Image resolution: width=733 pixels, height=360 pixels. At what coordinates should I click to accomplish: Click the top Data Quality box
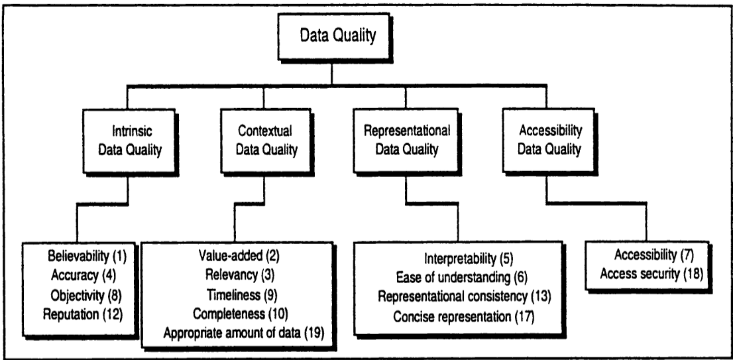click(333, 37)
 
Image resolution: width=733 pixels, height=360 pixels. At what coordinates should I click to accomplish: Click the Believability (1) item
click(87, 256)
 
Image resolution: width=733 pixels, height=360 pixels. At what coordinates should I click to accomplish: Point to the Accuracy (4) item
click(84, 275)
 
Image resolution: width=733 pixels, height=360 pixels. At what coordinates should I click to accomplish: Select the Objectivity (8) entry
click(86, 294)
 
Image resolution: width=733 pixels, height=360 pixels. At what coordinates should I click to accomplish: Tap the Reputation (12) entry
click(83, 314)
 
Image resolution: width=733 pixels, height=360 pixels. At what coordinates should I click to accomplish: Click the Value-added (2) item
click(239, 256)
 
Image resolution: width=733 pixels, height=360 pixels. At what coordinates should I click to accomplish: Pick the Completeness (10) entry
click(241, 313)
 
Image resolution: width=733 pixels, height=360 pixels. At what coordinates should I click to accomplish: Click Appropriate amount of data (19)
click(243, 333)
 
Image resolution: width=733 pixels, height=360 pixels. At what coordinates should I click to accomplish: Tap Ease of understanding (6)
click(461, 277)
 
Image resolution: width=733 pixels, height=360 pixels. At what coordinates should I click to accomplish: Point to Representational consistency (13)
click(465, 297)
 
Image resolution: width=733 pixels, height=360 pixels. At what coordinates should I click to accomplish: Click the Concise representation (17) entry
click(463, 316)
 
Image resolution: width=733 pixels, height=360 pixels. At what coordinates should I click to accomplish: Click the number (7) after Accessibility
click(686, 255)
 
